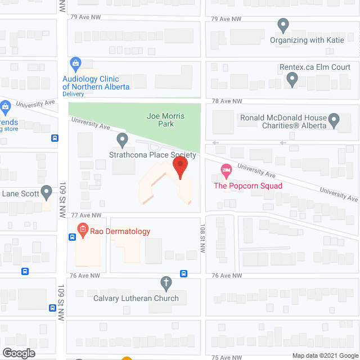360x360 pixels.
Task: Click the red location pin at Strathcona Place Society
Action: click(180, 167)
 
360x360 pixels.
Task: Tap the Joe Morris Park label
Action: click(165, 120)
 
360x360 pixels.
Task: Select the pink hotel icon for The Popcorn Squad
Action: click(226, 169)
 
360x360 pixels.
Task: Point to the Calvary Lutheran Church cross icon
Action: click(165, 283)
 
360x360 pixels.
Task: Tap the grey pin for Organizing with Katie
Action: click(283, 25)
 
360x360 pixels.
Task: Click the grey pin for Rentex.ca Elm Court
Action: click(291, 80)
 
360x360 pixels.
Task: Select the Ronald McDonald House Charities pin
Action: click(334, 120)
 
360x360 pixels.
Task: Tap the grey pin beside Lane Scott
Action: click(47, 193)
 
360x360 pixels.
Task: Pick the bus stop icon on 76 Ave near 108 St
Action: click(184, 274)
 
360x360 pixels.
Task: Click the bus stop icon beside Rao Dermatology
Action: click(72, 237)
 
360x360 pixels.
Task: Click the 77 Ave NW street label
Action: click(85, 215)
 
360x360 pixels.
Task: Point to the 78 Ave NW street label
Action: click(227, 101)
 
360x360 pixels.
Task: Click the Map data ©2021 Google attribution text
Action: click(325, 355)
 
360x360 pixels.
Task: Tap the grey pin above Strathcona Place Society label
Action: click(122, 139)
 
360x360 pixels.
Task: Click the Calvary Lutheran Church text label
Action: click(136, 298)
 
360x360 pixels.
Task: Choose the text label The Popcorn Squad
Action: click(247, 186)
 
